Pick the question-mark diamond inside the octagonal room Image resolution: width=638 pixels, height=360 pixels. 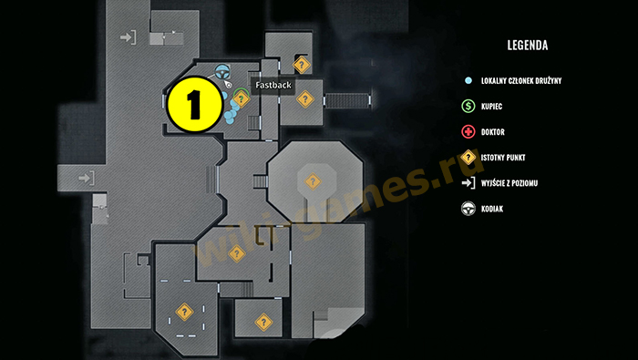pos(313,180)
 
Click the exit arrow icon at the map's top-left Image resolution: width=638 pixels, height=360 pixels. pos(128,37)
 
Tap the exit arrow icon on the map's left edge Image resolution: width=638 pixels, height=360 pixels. pos(87,177)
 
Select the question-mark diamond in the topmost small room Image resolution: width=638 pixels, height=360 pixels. pos(301,64)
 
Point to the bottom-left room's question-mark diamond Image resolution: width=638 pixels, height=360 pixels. pos(183,311)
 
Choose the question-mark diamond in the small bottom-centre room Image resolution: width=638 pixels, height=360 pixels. pos(263,321)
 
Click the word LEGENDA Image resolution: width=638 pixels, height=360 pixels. pos(528,45)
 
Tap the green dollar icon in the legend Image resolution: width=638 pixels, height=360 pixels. pos(468,107)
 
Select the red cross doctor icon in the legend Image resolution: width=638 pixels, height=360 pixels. pos(468,132)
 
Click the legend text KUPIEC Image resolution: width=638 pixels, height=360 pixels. pos(492,107)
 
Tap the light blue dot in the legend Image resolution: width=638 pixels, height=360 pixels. pos(468,81)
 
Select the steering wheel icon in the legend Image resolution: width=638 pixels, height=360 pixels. pos(468,209)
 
